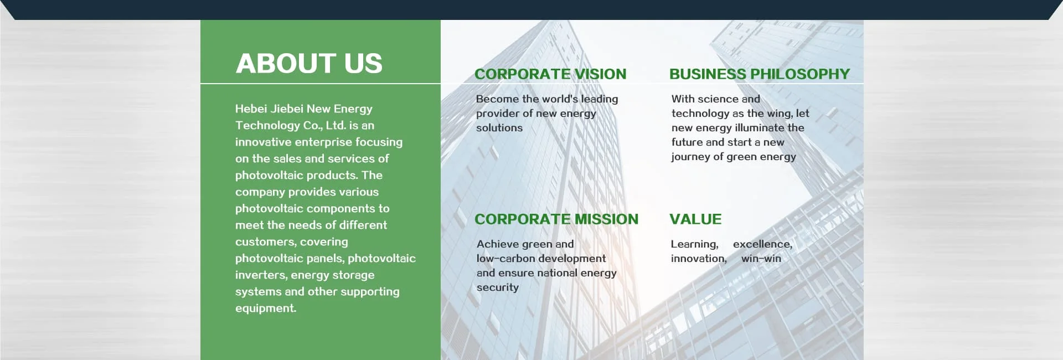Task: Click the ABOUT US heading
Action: [309, 63]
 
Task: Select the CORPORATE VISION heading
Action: [550, 74]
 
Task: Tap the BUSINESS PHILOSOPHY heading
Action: [760, 74]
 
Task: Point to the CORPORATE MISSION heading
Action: [556, 219]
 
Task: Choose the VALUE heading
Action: [695, 219]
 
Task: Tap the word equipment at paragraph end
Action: [266, 308]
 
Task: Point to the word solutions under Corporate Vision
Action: [499, 127]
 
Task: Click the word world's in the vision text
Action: [560, 99]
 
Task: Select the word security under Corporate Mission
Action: [498, 287]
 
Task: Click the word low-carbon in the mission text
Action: [509, 258]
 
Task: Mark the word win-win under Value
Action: [761, 259]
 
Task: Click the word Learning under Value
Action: [695, 244]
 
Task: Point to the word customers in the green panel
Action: [265, 242]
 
